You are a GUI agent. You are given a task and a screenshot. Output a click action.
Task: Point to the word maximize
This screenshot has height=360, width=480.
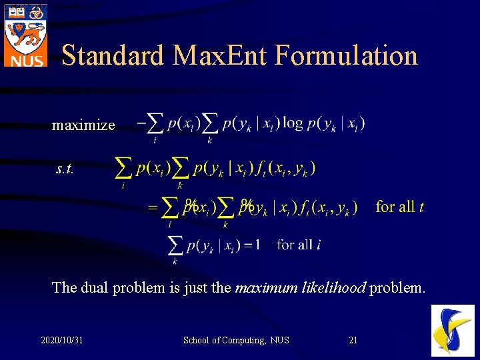[83, 125]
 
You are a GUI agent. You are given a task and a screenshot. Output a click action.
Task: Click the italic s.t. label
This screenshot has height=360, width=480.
[65, 169]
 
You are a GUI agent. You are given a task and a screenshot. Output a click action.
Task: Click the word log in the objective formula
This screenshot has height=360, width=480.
[292, 123]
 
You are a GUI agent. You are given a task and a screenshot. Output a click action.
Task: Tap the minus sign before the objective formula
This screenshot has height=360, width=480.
[141, 123]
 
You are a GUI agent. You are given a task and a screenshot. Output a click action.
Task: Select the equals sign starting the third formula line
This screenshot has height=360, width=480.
[153, 208]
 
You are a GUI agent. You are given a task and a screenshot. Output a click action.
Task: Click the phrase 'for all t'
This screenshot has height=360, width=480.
[399, 207]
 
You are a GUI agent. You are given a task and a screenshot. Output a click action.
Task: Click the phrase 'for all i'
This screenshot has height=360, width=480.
[299, 245]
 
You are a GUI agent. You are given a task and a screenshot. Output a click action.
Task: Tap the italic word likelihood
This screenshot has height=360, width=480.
[333, 288]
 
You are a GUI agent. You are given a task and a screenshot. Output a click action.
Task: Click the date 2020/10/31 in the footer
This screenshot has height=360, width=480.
[61, 341]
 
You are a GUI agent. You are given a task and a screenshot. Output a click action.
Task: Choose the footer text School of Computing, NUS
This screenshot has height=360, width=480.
[236, 341]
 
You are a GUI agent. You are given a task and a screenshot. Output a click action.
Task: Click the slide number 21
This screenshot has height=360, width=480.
[353, 341]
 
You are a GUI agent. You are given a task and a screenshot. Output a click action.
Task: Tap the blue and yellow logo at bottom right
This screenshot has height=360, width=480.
[453, 331]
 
